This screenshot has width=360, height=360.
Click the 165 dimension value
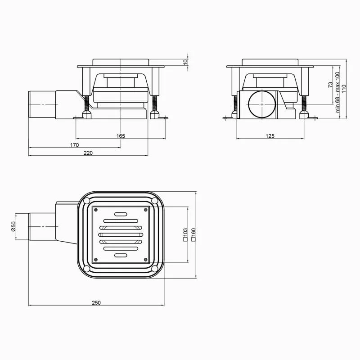(121, 136)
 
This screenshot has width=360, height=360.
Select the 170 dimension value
(74, 145)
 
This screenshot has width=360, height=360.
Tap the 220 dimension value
(88, 153)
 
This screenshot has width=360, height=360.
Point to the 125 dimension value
(270, 136)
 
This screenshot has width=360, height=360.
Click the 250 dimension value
(96, 303)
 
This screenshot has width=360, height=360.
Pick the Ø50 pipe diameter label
(13, 226)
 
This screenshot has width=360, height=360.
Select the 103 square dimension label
(185, 234)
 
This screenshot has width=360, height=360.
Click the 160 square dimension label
(193, 234)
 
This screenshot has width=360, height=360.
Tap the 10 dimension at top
(186, 62)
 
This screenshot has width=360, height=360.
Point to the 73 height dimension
(330, 85)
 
